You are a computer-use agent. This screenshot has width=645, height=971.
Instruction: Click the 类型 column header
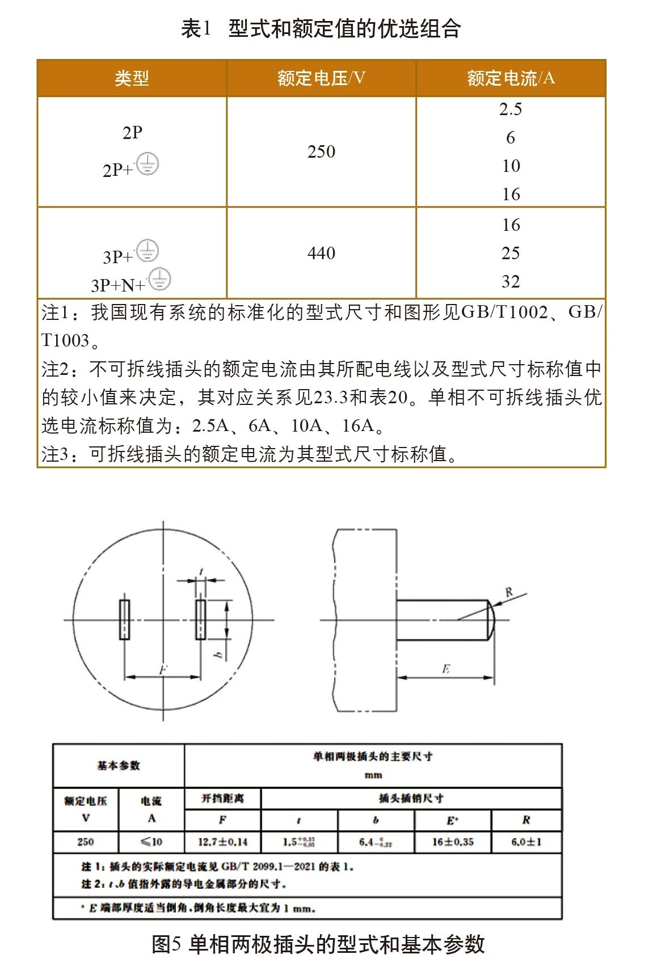coord(132,78)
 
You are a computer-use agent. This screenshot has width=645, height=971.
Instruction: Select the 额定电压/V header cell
coord(321,78)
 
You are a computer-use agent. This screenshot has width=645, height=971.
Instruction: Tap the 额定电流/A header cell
coord(511,78)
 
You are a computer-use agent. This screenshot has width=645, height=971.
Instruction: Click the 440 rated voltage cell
coord(321,253)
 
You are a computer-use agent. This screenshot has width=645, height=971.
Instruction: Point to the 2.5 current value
coord(511,109)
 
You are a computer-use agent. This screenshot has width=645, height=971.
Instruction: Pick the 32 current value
coord(511,282)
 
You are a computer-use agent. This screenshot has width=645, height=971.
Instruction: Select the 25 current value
coord(511,254)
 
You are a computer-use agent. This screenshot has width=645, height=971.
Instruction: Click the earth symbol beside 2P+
coord(147,164)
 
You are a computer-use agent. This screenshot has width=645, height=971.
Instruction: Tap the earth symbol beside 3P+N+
coord(160,280)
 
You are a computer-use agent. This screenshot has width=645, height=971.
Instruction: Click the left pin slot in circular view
coord(124,619)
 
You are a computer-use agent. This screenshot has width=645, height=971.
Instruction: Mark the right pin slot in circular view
coord(200,619)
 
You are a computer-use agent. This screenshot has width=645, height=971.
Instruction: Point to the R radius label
coord(509,592)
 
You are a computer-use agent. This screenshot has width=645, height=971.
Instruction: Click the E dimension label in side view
coord(446,669)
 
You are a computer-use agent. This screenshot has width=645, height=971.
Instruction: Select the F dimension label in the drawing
coord(163,670)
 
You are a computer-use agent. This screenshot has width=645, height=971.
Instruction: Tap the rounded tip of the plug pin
coord(491,619)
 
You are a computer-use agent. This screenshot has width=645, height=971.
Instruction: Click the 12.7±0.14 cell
coord(222,842)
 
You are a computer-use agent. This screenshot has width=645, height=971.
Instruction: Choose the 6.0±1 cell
coord(526,842)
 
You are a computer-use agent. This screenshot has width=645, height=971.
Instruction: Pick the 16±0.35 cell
coord(452,842)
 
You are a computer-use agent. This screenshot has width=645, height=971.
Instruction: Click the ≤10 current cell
coord(151,842)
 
